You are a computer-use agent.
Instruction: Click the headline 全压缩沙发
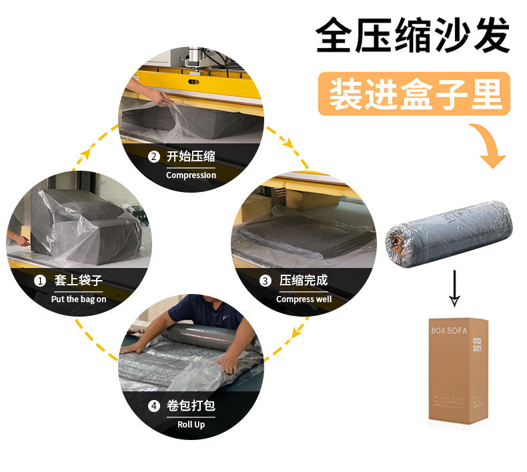pyautogui.click(x=413, y=36)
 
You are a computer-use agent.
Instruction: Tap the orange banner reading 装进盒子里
pyautogui.click(x=414, y=94)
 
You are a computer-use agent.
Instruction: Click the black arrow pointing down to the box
pyautogui.click(x=454, y=288)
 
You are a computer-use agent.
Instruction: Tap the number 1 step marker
pyautogui.click(x=40, y=281)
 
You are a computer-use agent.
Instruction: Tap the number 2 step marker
pyautogui.click(x=153, y=157)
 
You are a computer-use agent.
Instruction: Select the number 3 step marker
pyautogui.click(x=265, y=281)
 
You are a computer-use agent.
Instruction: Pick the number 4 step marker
pyautogui.click(x=154, y=405)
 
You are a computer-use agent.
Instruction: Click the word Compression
pyautogui.click(x=191, y=175)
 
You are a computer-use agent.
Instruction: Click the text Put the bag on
pyautogui.click(x=78, y=299)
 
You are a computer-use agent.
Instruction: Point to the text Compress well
pyautogui.click(x=304, y=299)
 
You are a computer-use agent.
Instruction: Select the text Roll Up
pyautogui.click(x=191, y=425)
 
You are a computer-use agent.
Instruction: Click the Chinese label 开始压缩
pyautogui.click(x=191, y=157)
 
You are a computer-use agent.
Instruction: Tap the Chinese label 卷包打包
pyautogui.click(x=191, y=405)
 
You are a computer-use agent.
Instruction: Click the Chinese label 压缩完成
pyautogui.click(x=304, y=281)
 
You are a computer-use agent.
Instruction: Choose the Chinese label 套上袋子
pyautogui.click(x=78, y=281)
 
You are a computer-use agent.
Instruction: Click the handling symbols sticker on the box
pyautogui.click(x=477, y=344)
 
